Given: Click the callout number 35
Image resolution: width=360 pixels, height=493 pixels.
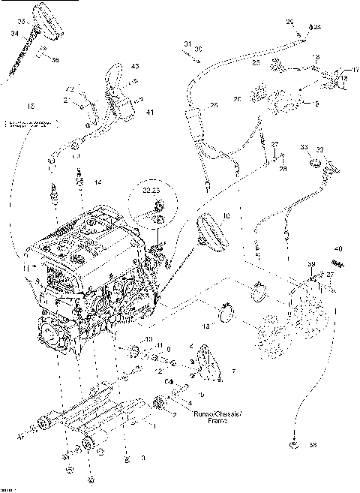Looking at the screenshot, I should [21, 20].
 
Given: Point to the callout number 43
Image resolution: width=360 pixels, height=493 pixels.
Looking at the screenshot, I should [135, 68].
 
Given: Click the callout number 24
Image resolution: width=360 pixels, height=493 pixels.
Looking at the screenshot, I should [317, 27].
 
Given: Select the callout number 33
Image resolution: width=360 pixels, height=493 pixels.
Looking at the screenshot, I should [304, 149].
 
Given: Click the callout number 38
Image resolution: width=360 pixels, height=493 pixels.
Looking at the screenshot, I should [313, 445].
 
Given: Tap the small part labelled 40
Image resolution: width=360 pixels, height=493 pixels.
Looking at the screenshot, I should [338, 263].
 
